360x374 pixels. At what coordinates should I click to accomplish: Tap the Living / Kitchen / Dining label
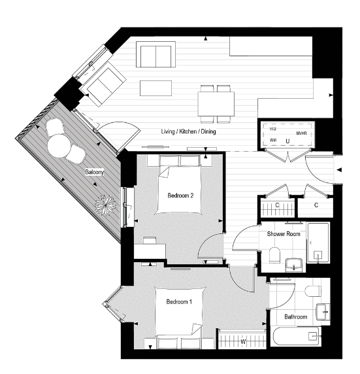point(188,132)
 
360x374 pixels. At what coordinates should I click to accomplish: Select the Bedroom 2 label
point(180,195)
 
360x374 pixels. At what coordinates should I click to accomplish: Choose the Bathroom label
point(295,317)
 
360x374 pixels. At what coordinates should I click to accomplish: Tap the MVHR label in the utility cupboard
point(301,133)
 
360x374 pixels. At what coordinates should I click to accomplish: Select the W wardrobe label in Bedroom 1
point(243,340)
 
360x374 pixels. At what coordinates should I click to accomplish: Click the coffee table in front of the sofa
point(154,87)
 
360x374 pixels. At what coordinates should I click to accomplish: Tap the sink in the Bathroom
point(322,311)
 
